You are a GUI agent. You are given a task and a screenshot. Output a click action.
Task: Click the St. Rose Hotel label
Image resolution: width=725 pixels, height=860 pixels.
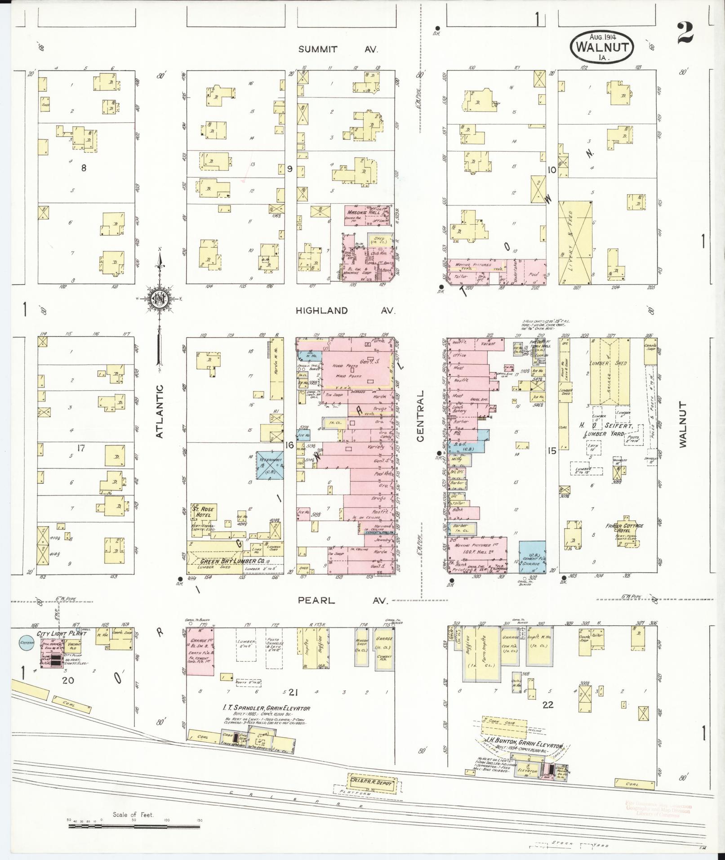(x=204, y=512)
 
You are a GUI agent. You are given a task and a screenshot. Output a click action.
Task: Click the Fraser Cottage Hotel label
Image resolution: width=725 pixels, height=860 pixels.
(x=624, y=529)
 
